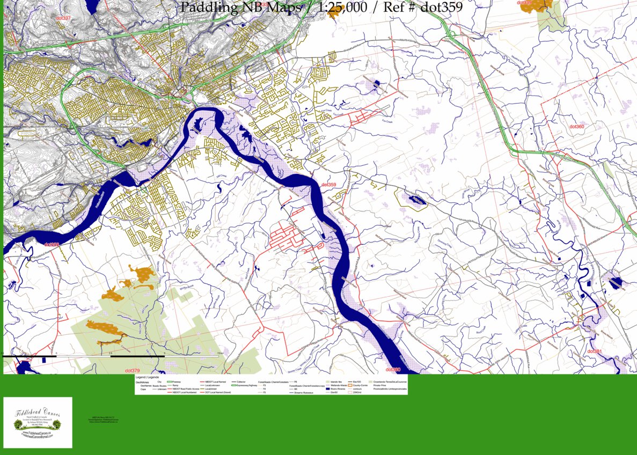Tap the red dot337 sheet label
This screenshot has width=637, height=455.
tap(63, 19)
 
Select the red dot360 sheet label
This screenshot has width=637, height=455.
tap(576, 127)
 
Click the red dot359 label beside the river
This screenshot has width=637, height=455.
tap(328, 185)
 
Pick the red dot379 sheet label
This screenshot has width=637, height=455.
tap(132, 371)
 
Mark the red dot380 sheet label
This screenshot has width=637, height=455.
tap(393, 370)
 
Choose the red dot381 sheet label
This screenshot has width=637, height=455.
tap(595, 351)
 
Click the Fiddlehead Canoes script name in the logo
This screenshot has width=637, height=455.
tap(38, 414)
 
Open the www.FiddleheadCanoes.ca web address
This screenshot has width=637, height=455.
tap(38, 432)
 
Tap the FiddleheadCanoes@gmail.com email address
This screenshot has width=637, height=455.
tap(38, 436)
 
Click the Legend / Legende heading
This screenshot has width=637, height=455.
tap(148, 378)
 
